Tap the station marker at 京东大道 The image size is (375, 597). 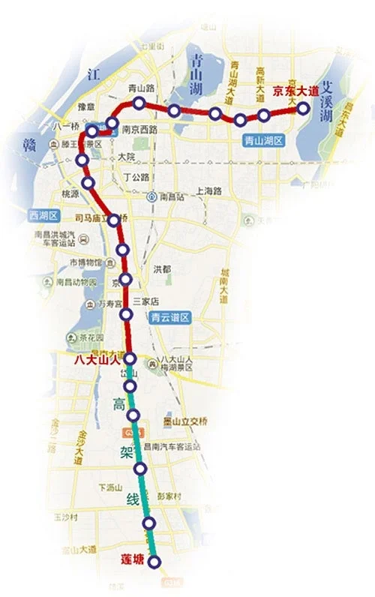(304, 108)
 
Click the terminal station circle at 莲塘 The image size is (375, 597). (155, 562)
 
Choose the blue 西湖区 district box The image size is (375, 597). (43, 214)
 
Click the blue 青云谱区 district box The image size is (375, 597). (170, 318)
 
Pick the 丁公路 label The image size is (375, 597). (136, 177)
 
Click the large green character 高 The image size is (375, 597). (119, 406)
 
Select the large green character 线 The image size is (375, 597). (133, 499)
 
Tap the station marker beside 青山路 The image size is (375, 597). (139, 103)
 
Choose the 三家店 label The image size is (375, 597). (146, 301)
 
